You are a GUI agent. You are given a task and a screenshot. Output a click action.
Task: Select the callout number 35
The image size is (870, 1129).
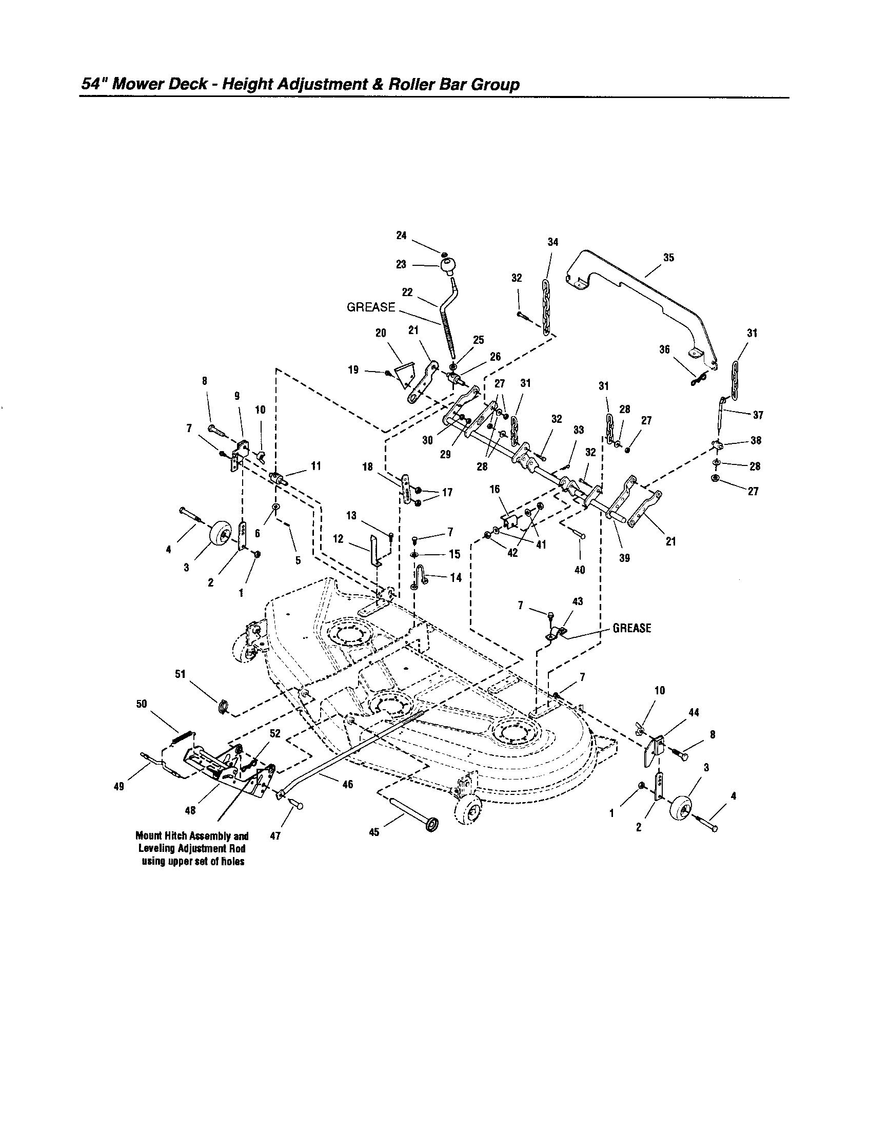pyautogui.click(x=668, y=258)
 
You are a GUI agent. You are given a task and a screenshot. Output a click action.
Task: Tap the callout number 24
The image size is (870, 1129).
pyautogui.click(x=402, y=236)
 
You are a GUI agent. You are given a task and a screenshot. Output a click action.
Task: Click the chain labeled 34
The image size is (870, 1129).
pyautogui.click(x=547, y=309)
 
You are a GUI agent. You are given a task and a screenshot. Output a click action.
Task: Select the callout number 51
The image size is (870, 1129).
pyautogui.click(x=180, y=674)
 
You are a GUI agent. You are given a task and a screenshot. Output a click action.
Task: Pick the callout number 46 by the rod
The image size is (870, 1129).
pyautogui.click(x=347, y=784)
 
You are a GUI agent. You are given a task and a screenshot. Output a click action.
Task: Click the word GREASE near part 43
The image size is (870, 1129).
pyautogui.click(x=632, y=628)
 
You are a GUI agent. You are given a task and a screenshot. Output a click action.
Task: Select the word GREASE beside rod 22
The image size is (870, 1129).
pyautogui.click(x=370, y=307)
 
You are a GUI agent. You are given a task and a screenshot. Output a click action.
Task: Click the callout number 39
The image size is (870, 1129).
pyautogui.click(x=624, y=558)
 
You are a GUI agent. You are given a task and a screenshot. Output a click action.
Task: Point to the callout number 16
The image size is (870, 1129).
pyautogui.click(x=495, y=489)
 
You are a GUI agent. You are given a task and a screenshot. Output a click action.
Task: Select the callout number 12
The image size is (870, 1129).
pyautogui.click(x=338, y=539)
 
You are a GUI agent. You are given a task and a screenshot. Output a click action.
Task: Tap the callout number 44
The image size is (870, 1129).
pyautogui.click(x=694, y=712)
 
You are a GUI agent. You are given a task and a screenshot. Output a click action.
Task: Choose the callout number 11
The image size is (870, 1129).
pyautogui.click(x=315, y=466)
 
